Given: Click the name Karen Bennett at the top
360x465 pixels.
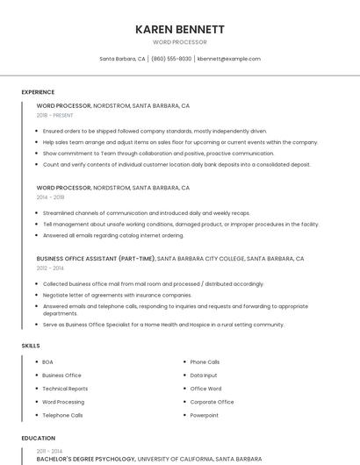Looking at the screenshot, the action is tap(179, 29).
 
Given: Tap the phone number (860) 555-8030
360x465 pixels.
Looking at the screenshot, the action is tap(171, 59).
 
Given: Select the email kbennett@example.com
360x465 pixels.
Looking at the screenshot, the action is tap(228, 59).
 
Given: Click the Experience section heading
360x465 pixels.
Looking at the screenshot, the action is tap(38, 92).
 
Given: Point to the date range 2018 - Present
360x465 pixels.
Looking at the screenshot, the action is tap(54, 115).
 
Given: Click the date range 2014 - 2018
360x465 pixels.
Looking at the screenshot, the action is tap(50, 197).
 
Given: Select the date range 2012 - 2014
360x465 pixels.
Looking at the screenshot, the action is tap(50, 268).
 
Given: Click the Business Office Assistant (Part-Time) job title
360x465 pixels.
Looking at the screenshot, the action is tap(96, 260).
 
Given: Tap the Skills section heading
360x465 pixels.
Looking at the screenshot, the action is tap(31, 346).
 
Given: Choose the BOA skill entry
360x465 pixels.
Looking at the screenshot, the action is tap(47, 362).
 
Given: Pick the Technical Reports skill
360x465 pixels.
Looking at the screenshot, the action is tap(65, 389).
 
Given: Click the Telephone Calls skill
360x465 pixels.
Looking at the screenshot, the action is tap(62, 415).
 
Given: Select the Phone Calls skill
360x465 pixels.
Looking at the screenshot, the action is tap(205, 362).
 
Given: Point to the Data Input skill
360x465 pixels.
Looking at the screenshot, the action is tap(204, 376).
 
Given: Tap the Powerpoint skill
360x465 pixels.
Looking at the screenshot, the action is tap(205, 415).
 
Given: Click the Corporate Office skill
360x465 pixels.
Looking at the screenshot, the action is tap(212, 402).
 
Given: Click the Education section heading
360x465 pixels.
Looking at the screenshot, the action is tap(38, 438).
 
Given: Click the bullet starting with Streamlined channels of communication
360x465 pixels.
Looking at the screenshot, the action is tap(146, 213).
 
